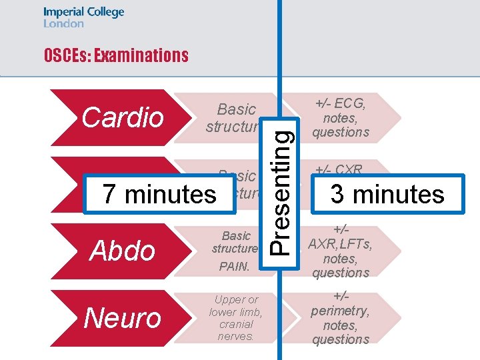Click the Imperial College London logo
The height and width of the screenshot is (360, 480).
point(83,17)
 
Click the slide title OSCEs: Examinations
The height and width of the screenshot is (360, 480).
point(116,55)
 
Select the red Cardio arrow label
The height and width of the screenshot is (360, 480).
point(123,117)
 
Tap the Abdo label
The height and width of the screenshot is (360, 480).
point(123,251)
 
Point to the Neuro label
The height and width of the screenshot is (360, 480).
point(123,317)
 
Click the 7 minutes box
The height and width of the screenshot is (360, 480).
point(159,194)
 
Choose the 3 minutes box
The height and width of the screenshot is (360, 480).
point(387,194)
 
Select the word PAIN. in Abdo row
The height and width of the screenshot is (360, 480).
point(233,267)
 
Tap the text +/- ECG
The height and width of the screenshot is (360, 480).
point(341,103)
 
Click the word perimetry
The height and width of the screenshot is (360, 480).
point(341,311)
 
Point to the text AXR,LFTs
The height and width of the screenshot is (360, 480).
point(341,244)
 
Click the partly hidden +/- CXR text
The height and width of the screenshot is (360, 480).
point(341,169)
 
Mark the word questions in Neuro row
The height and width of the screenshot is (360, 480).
point(341,339)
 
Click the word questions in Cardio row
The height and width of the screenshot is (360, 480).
point(341,132)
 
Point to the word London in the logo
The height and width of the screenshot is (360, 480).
point(64,23)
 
